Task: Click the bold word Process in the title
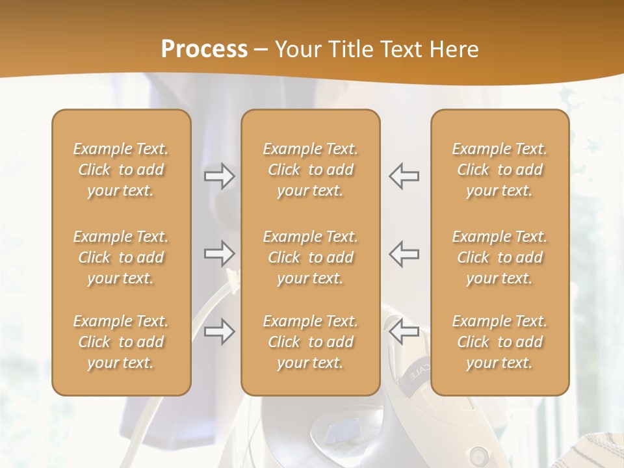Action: [x=204, y=49]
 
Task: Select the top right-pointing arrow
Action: [x=219, y=175]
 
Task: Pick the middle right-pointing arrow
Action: [x=219, y=254]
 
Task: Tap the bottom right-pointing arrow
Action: [x=219, y=331]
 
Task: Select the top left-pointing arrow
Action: [x=404, y=175]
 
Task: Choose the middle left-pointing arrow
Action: [x=404, y=254]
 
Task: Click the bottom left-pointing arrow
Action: [x=404, y=331]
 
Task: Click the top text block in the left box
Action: [x=121, y=170]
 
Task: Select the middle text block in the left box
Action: [x=121, y=257]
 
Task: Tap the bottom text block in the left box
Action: [x=121, y=342]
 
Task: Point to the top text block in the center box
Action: [x=310, y=170]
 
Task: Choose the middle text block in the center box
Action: [x=310, y=257]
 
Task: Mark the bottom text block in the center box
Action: [x=310, y=342]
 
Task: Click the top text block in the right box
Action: [x=499, y=170]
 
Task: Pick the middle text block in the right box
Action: [x=499, y=257]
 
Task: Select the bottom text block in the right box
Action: [x=499, y=342]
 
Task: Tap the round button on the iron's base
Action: [x=480, y=452]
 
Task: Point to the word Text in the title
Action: [x=402, y=49]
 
